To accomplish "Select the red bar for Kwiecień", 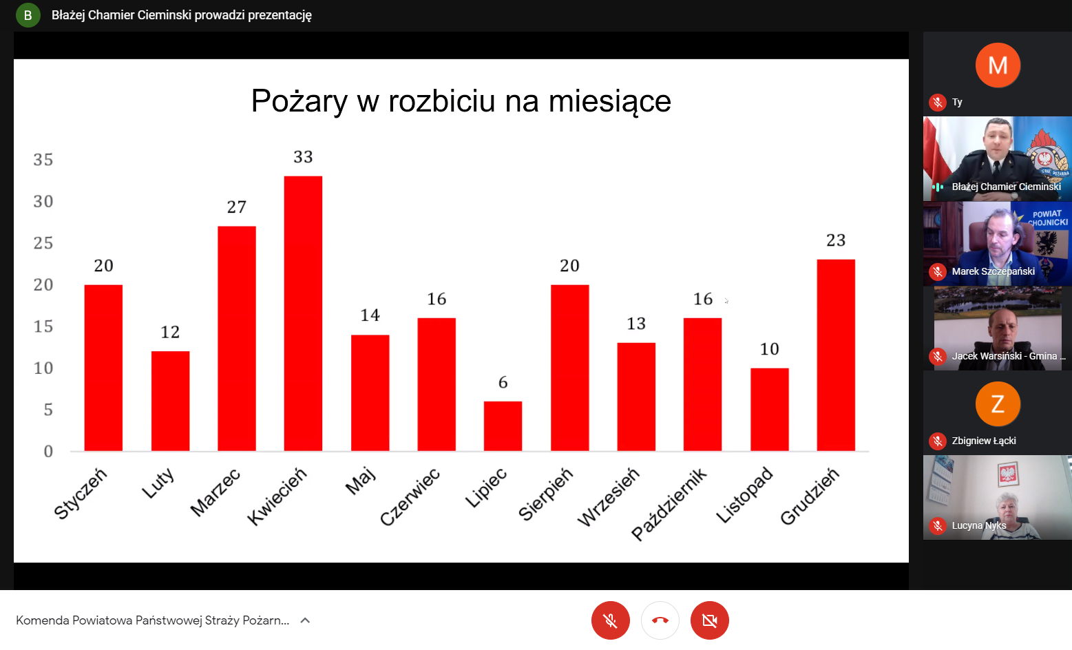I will tap(303, 313).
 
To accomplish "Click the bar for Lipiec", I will tap(503, 426).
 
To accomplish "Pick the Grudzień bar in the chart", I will tap(836, 355).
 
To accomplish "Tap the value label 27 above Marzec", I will tap(237, 207).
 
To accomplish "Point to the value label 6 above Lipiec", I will tap(503, 383).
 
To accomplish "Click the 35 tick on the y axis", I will tap(43, 160).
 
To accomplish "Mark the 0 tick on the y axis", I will tap(48, 452).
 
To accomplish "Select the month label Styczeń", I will tap(81, 493).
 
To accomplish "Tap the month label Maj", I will tap(361, 481).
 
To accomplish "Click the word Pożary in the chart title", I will tap(299, 101).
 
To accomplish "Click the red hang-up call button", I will tap(660, 620).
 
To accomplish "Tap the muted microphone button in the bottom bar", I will tap(610, 620).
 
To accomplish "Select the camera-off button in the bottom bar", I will tap(709, 620).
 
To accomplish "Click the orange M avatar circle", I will tap(998, 65).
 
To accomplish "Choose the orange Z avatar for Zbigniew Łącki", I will tap(998, 404).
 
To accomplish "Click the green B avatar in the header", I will tap(28, 14).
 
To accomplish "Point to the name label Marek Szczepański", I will tap(993, 271).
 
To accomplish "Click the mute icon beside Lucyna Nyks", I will tap(938, 526).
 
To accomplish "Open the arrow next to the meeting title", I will tap(306, 620).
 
